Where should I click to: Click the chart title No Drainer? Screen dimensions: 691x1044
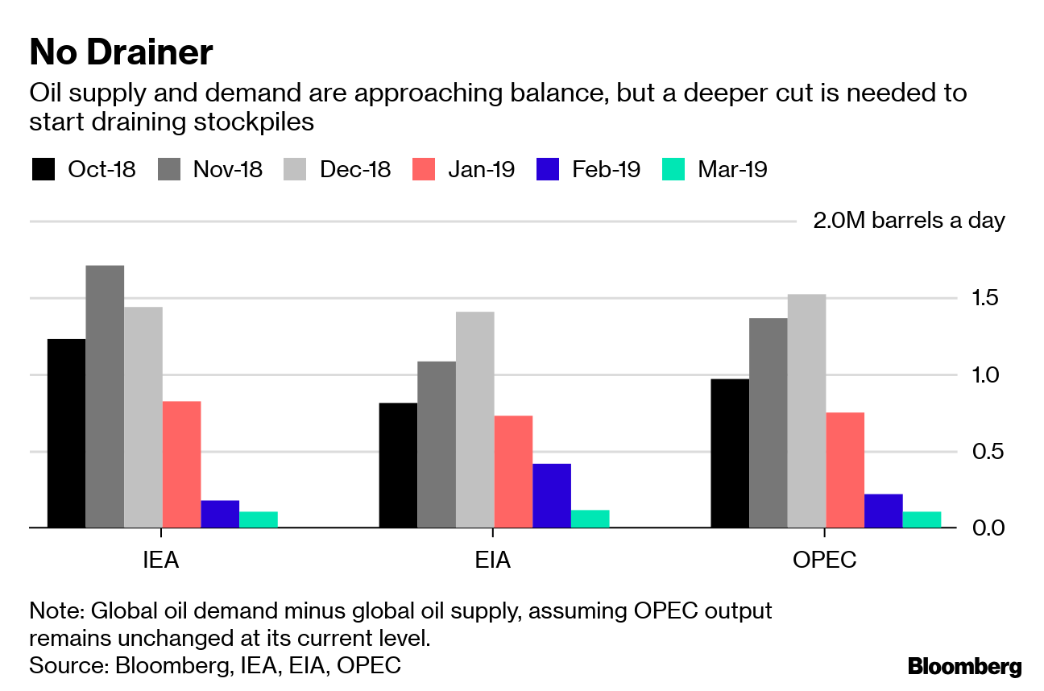coord(121,53)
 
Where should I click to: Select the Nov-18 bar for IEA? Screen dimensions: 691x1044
coord(105,396)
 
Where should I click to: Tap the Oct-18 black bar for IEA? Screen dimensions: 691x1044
coord(66,433)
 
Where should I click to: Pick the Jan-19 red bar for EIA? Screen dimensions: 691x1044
coord(513,471)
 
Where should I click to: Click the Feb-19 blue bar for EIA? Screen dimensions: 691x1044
coord(552,495)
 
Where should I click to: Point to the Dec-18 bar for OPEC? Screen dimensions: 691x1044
coord(806,411)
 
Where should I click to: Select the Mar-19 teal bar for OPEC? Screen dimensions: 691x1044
coord(922,519)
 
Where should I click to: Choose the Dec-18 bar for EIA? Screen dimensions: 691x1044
coord(474,420)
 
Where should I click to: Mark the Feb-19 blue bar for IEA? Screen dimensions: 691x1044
coord(220,514)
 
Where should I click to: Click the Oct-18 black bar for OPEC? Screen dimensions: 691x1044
coord(729,453)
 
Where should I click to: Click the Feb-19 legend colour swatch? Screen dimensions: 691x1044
coord(547,170)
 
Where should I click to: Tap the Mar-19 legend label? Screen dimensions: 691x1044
coord(731,170)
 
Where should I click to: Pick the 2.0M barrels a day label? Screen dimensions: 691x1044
coord(909,221)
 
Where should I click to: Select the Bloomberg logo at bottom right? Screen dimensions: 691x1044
coord(964,667)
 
